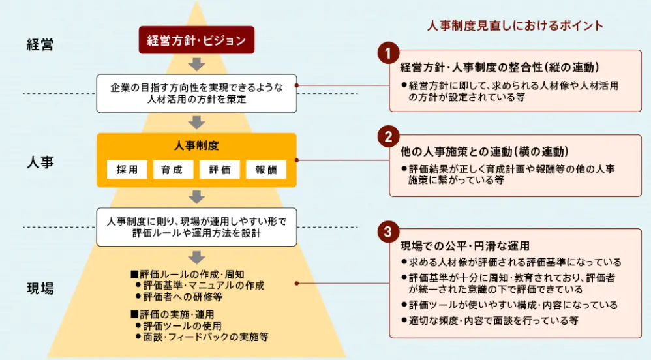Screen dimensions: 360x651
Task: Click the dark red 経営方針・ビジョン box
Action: [x=196, y=40]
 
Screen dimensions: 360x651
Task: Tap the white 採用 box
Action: [x=127, y=170]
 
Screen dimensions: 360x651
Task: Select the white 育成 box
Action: [x=173, y=170]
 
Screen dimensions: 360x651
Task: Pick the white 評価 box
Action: [x=220, y=170]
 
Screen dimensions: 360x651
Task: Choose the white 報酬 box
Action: [x=266, y=170]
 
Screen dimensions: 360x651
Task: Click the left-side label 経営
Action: [x=40, y=45]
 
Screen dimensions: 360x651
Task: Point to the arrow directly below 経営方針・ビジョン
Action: [x=196, y=64]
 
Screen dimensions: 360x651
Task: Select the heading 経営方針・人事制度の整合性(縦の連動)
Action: [x=499, y=67]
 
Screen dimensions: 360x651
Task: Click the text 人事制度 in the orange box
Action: [x=196, y=146]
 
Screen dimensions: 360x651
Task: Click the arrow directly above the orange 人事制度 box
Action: [x=196, y=121]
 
